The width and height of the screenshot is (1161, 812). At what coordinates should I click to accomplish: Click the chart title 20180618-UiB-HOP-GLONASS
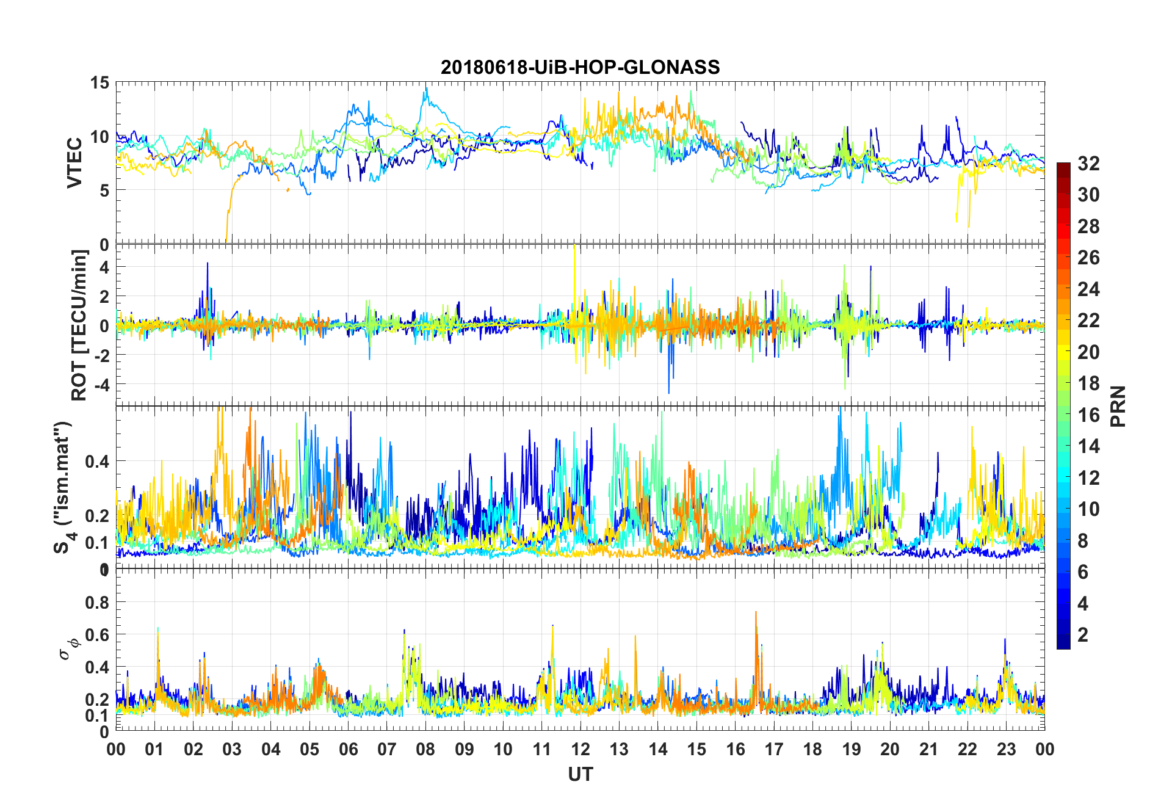point(580,67)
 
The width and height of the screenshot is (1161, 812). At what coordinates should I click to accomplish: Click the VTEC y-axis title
point(74,163)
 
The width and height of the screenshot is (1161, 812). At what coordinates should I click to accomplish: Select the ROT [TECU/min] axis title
point(79,325)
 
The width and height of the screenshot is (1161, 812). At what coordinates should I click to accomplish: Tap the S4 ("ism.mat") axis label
point(63,487)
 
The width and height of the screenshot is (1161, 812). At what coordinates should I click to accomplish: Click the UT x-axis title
point(580,775)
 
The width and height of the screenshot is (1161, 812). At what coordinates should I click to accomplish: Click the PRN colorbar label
point(1118,406)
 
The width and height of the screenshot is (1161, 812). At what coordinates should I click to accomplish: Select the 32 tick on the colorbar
point(1088,164)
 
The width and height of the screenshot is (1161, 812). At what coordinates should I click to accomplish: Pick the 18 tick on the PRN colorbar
point(1088,383)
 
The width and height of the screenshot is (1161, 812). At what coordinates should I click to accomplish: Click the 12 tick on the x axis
point(580,749)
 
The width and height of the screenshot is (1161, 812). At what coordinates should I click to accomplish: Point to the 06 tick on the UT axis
point(349,749)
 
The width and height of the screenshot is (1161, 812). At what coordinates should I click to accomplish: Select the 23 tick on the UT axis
point(1006,749)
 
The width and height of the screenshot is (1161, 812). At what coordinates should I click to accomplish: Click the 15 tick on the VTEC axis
point(100,83)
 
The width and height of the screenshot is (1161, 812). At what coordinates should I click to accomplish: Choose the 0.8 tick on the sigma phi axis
point(97,603)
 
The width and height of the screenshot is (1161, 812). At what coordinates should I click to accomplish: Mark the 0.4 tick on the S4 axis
point(97,462)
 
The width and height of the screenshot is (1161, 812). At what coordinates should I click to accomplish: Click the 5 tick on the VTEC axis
point(104,190)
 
